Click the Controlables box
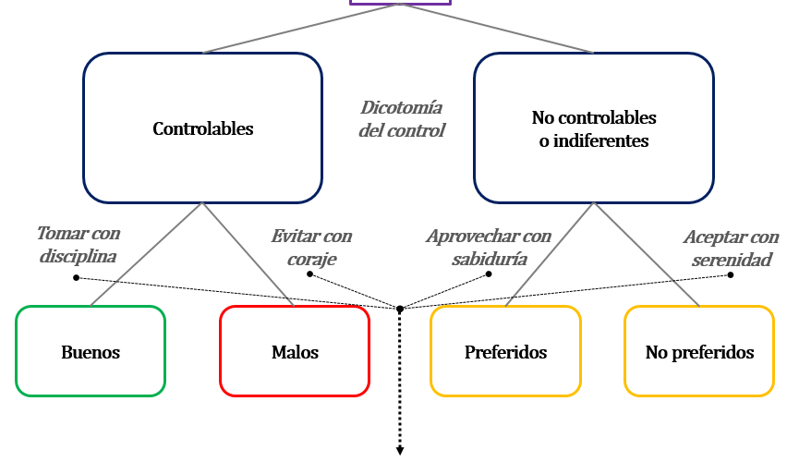[202, 128]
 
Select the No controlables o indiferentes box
[593, 128]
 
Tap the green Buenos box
[91, 351]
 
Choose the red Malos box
[295, 351]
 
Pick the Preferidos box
[505, 351]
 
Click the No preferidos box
[699, 351]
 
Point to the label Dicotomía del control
[402, 119]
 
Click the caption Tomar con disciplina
[79, 245]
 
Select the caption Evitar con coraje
[311, 248]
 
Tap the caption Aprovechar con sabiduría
[489, 248]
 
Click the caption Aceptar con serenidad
[727, 248]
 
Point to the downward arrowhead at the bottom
[401, 451]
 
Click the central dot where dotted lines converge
[400, 308]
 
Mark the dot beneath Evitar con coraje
[310, 274]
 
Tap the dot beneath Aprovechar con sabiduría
[489, 274]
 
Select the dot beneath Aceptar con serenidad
[731, 274]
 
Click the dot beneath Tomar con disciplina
[77, 277]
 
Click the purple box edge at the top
[400, 4]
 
